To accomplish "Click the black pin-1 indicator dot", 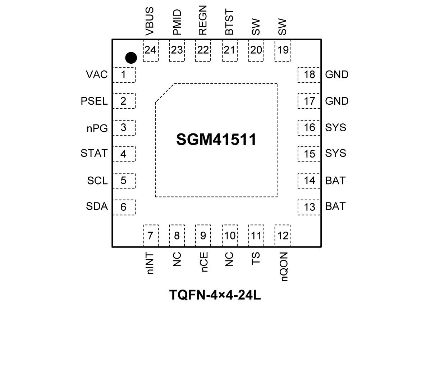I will [131, 58].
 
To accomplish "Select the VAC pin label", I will [97, 75].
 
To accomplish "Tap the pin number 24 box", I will [150, 50].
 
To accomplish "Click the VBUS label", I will [150, 22].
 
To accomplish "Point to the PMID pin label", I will [177, 22].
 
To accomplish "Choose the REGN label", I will [203, 20].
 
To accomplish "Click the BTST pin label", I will [229, 22].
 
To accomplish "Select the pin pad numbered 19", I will [283, 50].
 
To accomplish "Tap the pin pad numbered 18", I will [309, 75].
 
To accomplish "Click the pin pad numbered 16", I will [309, 128].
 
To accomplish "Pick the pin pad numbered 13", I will [309, 207].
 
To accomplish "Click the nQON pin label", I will [283, 267].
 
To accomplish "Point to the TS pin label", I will [256, 259].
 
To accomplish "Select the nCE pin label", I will [203, 262].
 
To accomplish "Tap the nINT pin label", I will [150, 263].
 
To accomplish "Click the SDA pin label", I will [97, 206].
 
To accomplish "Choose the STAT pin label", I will [94, 154].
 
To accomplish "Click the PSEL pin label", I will [94, 101].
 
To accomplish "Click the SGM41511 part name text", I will [216, 140].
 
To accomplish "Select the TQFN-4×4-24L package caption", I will [215, 295].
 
